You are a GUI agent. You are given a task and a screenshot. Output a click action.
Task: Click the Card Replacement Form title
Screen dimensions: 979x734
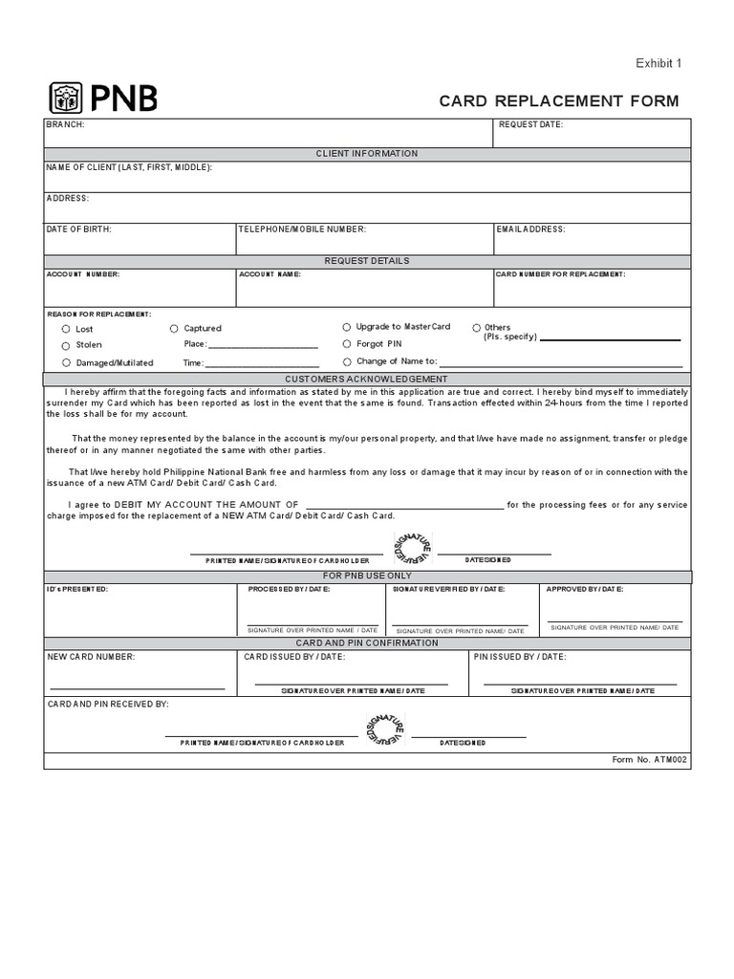(559, 101)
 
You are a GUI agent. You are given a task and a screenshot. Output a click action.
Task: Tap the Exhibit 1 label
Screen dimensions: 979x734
(658, 64)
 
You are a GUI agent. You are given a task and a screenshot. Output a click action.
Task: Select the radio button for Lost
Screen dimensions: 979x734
(66, 329)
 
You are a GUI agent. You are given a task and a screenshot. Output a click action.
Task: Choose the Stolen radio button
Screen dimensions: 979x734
(66, 345)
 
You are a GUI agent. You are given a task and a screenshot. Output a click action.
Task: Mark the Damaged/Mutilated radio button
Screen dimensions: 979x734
(66, 363)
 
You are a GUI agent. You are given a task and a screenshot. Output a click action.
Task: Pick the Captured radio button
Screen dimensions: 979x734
(174, 328)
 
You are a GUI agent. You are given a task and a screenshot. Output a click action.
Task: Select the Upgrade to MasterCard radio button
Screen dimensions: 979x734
(347, 327)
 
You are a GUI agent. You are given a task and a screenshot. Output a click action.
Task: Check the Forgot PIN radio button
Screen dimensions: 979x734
(347, 343)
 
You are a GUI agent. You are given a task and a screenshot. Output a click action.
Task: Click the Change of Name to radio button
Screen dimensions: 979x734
(347, 361)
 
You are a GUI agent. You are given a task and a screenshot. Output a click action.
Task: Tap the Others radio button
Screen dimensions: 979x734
(475, 327)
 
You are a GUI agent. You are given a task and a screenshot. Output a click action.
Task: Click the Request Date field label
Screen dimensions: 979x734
(530, 124)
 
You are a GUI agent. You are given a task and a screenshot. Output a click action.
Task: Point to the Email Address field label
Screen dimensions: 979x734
(530, 229)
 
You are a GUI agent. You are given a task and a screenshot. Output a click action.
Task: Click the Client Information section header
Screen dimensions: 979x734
(367, 153)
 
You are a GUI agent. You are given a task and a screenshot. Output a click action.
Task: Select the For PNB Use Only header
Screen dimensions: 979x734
(367, 576)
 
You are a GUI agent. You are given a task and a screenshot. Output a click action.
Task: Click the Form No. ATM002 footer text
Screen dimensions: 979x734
(649, 759)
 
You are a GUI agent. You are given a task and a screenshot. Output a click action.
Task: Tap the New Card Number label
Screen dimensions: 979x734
(92, 657)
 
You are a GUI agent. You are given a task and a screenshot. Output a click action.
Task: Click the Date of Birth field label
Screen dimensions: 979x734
(78, 229)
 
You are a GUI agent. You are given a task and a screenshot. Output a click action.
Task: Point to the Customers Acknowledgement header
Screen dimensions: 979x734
(367, 380)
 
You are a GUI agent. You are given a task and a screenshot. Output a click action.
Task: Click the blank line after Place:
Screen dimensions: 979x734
(263, 345)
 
